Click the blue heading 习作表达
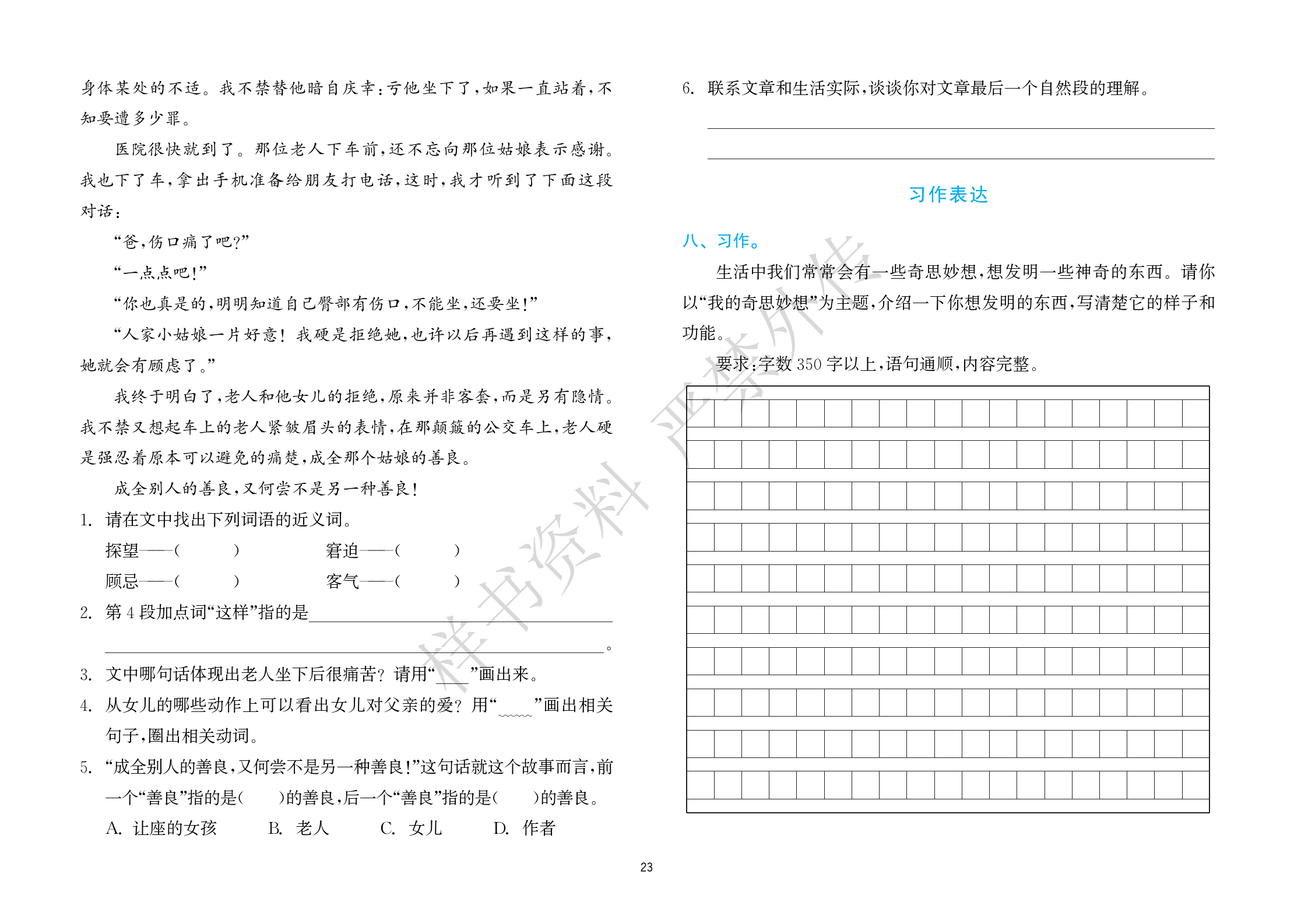(948, 195)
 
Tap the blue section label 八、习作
(720, 241)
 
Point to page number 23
(646, 867)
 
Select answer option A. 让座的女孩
(161, 828)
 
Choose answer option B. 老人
(299, 828)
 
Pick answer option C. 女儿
(412, 828)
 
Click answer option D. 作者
(525, 828)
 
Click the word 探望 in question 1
(122, 550)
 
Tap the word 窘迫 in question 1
(342, 550)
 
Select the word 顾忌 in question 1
(122, 581)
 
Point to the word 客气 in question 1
(342, 581)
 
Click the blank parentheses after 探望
(207, 550)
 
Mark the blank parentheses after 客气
(427, 581)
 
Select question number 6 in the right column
(688, 89)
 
